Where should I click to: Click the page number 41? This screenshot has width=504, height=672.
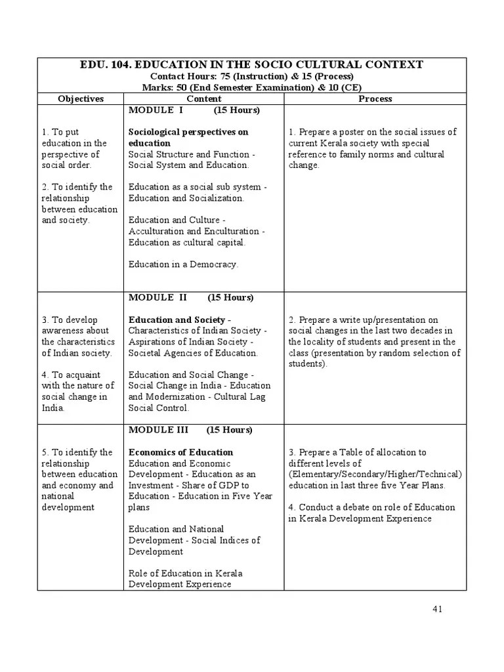pyautogui.click(x=438, y=608)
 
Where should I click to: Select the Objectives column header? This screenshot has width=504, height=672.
pyautogui.click(x=81, y=99)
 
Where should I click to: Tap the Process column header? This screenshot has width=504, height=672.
pyautogui.click(x=375, y=99)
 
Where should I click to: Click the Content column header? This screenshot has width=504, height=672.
pyautogui.click(x=203, y=99)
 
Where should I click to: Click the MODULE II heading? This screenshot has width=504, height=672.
pyautogui.click(x=157, y=297)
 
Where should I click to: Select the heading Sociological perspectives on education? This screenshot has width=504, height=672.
pyautogui.click(x=188, y=137)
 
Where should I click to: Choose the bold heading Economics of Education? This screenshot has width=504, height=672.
pyautogui.click(x=180, y=452)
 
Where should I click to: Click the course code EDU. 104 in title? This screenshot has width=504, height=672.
pyautogui.click(x=104, y=64)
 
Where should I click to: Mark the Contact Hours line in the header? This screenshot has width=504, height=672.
pyautogui.click(x=251, y=76)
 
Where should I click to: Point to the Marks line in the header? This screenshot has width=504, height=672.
pyautogui.click(x=251, y=87)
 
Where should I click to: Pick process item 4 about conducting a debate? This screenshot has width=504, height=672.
pyautogui.click(x=371, y=513)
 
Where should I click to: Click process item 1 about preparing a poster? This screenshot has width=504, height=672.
pyautogui.click(x=372, y=148)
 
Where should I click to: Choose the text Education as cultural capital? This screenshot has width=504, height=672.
pyautogui.click(x=187, y=242)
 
